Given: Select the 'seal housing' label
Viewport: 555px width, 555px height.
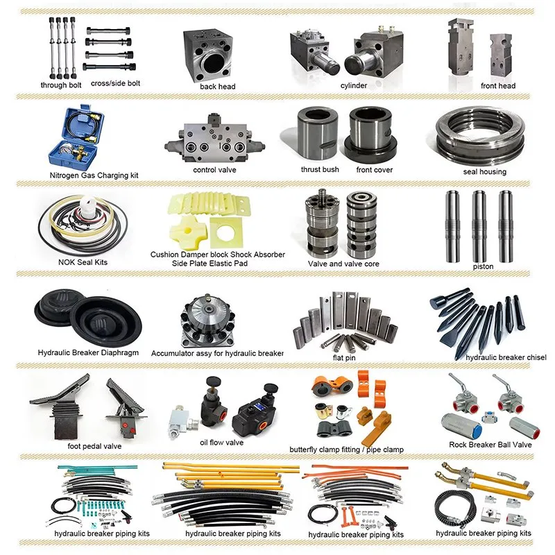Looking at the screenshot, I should click(485, 171).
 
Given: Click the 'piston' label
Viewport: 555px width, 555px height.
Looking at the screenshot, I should click(483, 266).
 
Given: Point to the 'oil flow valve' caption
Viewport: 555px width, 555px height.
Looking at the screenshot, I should click(221, 442).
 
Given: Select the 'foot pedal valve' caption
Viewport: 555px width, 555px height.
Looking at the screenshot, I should click(94, 446).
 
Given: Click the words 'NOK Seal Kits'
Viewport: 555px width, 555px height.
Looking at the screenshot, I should click(83, 263).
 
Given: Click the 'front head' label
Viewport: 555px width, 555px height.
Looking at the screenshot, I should click(498, 86).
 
